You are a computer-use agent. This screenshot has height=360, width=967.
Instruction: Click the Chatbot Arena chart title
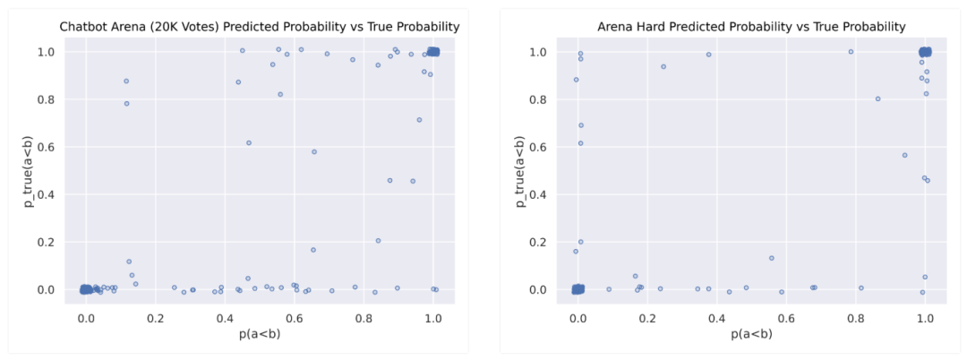pyautogui.click(x=260, y=27)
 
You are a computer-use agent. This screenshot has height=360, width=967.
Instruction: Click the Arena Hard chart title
pyautogui.click(x=751, y=27)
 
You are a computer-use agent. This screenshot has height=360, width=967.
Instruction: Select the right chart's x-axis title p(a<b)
pyautogui.click(x=751, y=334)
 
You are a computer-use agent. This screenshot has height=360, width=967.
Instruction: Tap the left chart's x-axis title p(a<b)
pyautogui.click(x=260, y=334)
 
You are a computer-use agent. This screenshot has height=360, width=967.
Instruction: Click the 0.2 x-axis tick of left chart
pyautogui.click(x=155, y=318)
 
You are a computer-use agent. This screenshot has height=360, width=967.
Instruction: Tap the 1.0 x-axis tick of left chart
pyautogui.click(x=433, y=318)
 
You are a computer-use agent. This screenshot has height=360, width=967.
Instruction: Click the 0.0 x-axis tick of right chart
pyautogui.click(x=578, y=318)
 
